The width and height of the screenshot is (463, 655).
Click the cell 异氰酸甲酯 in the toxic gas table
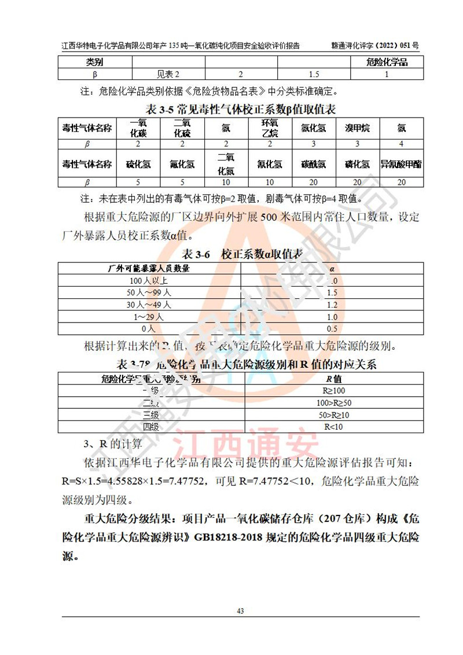[400, 164]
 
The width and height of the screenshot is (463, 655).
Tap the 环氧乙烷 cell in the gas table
[270, 127]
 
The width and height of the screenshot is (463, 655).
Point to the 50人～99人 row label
[149, 292]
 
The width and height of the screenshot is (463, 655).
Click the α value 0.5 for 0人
[332, 328]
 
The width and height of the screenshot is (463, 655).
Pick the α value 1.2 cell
[332, 305]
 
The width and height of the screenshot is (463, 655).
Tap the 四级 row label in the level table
[150, 427]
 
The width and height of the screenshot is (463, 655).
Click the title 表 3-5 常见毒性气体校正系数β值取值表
[241, 108]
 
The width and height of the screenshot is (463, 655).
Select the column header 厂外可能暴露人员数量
[149, 269]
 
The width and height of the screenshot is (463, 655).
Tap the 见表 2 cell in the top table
[168, 74]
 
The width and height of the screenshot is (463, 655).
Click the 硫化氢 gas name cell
[138, 164]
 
